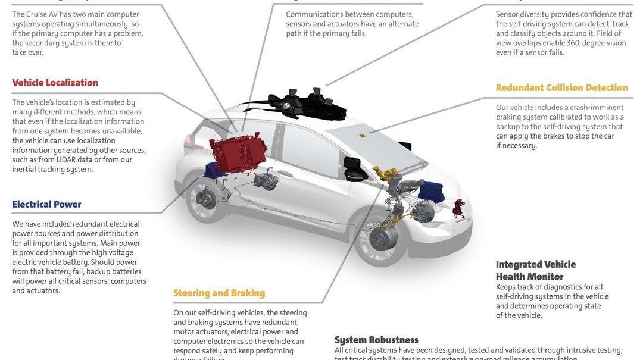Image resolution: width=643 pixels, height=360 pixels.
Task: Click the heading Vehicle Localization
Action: coord(55,83)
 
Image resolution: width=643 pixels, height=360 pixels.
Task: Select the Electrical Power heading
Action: coord(46,205)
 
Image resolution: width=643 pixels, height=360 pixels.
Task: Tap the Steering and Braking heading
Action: coord(219,293)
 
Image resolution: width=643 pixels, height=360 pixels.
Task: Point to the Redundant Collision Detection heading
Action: coord(561,88)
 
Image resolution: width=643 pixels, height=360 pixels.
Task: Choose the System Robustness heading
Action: coord(376,340)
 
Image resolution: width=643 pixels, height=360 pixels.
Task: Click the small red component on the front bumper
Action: coord(458,207)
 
